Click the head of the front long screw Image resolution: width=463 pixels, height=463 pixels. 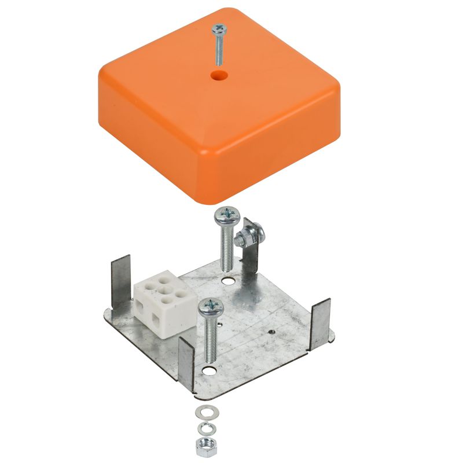(208, 306)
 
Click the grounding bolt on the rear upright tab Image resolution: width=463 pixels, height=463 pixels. (252, 236)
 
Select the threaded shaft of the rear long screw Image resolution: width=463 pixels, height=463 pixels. (225, 249)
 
